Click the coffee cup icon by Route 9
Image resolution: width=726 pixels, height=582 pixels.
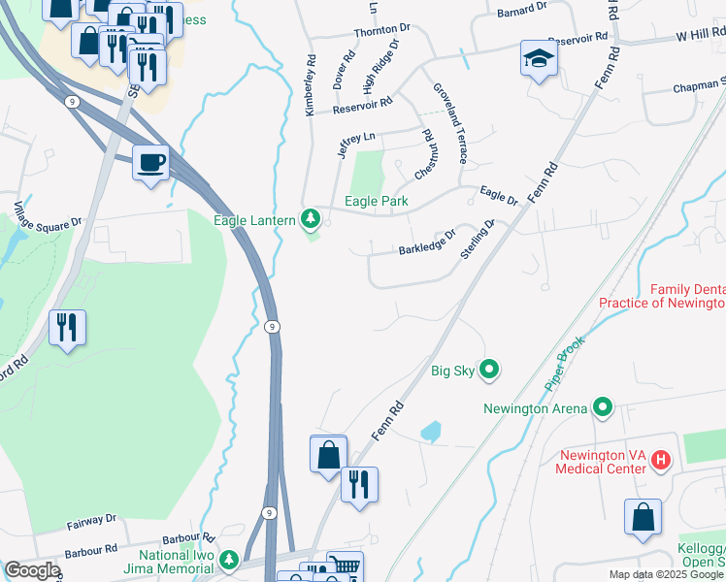coord(150,163)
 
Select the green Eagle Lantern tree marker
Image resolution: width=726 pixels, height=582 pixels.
coord(311,219)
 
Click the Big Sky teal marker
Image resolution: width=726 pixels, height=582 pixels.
coord(490,369)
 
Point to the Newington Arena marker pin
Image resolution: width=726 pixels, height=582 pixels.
coord(603,407)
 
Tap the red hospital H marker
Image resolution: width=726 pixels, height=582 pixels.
coord(660,459)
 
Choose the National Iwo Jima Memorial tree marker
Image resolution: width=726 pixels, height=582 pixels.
coord(229,560)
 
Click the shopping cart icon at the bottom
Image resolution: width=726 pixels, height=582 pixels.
coord(345,566)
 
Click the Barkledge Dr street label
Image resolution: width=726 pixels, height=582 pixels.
coord(427,242)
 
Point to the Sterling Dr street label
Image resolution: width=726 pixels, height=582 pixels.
coord(478,239)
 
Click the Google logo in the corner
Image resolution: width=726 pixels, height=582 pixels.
coord(32,570)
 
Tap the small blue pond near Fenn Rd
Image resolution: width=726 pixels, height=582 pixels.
coord(431,430)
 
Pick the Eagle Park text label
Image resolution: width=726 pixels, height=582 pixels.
coord(377,202)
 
